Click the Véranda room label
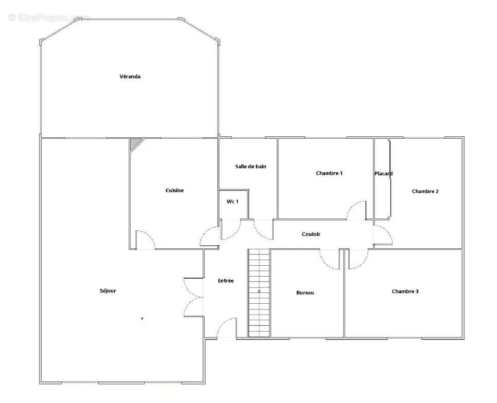tap(130, 76)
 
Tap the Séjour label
tap(108, 290)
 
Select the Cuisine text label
tap(174, 190)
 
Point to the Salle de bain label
tap(251, 166)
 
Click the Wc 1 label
tap(233, 201)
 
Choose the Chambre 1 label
tap(329, 173)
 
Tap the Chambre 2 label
tap(425, 191)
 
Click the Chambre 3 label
tap(405, 291)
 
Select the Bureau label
tap(305, 293)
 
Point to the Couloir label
tap(311, 234)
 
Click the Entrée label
tap(226, 281)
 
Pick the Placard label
tap(383, 173)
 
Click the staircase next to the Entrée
tap(259, 293)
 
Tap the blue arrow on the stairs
tap(259, 291)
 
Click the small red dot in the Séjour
tap(143, 319)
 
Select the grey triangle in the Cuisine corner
tap(134, 143)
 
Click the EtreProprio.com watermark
tap(49, 17)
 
